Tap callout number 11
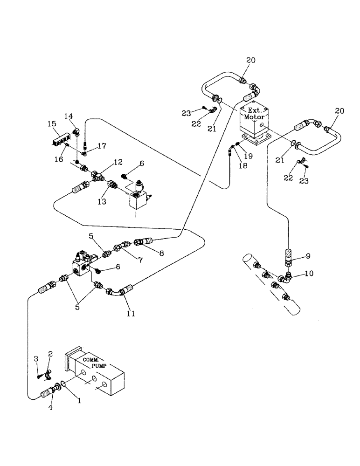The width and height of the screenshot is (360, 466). tap(131, 314)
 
